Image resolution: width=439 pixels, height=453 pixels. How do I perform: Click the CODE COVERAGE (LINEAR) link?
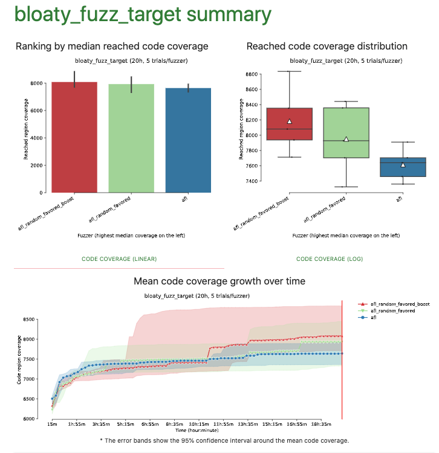pos(119,259)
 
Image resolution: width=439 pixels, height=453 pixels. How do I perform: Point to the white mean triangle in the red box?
pos(290,121)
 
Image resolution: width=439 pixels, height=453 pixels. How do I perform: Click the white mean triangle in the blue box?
pos(403,164)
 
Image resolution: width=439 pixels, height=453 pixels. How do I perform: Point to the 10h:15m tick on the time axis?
pos(199,425)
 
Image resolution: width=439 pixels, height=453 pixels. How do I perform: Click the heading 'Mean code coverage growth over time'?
pos(219,281)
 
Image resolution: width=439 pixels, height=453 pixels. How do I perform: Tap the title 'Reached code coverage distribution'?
pos(327,47)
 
